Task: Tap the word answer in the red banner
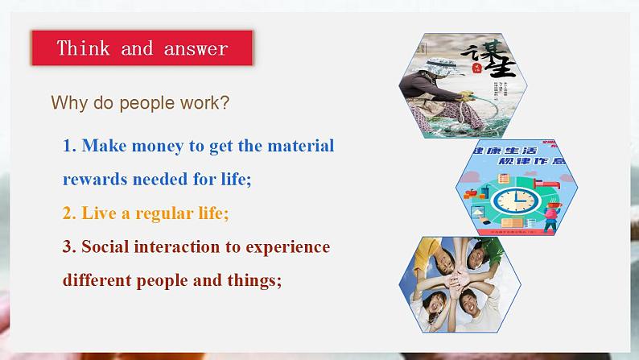pyautogui.click(x=196, y=48)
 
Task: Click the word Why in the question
pyautogui.click(x=66, y=103)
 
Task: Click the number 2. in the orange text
pyautogui.click(x=70, y=213)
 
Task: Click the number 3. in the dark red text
pyautogui.click(x=70, y=246)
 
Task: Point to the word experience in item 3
pyautogui.click(x=287, y=246)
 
